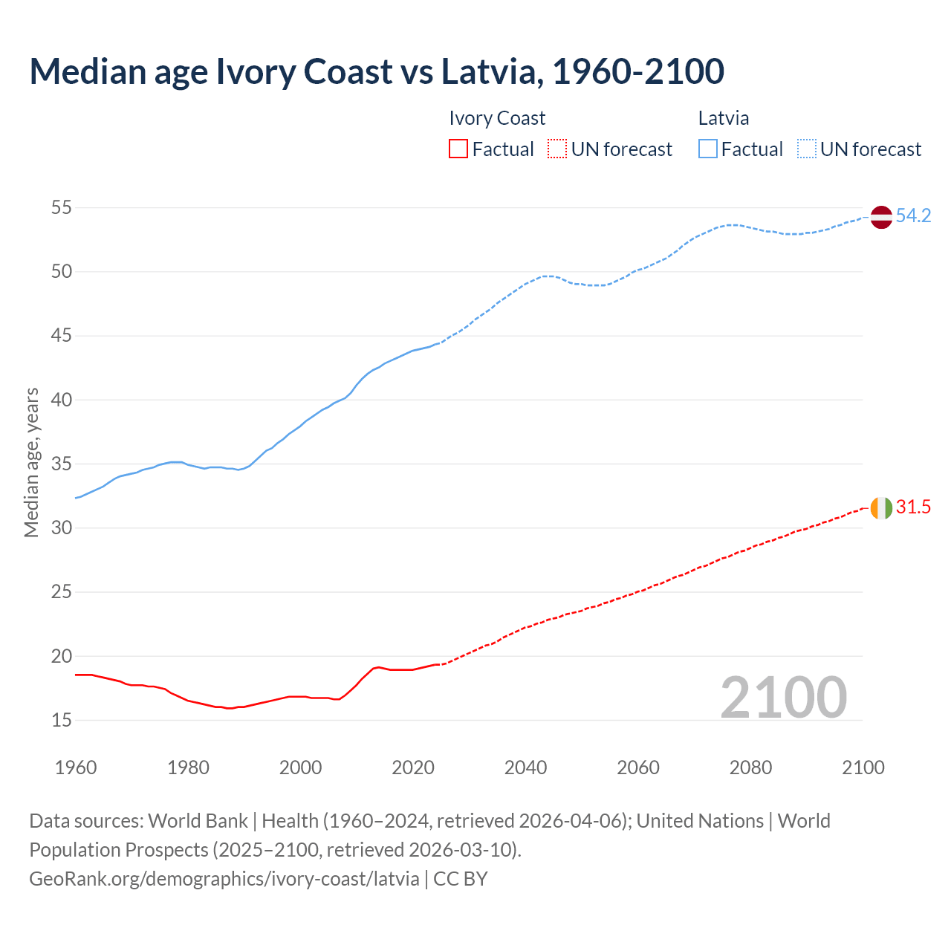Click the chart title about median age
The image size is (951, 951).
click(x=377, y=71)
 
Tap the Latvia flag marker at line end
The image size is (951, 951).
click(x=880, y=217)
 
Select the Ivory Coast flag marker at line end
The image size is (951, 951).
click(x=880, y=508)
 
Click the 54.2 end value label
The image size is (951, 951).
click(x=913, y=216)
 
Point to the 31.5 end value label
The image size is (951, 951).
click(x=913, y=507)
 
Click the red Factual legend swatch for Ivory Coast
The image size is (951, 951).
click(x=458, y=149)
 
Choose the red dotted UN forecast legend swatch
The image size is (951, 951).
click(x=557, y=149)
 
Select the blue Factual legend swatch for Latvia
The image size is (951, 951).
click(x=708, y=149)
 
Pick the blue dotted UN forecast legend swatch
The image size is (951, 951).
click(x=807, y=149)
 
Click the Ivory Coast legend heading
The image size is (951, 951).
click(x=497, y=119)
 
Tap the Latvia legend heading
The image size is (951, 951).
click(x=724, y=119)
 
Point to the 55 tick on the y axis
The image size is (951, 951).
click(x=62, y=208)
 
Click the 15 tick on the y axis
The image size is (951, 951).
click(x=62, y=720)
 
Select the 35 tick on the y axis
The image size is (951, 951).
click(x=62, y=464)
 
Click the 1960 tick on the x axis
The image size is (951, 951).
click(x=76, y=767)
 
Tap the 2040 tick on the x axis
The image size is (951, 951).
click(x=525, y=767)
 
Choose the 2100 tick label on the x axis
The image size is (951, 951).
click(x=863, y=767)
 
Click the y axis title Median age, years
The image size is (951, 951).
click(x=32, y=462)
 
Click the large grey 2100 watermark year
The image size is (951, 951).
click(x=783, y=698)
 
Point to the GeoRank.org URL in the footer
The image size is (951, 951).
click(x=224, y=879)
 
